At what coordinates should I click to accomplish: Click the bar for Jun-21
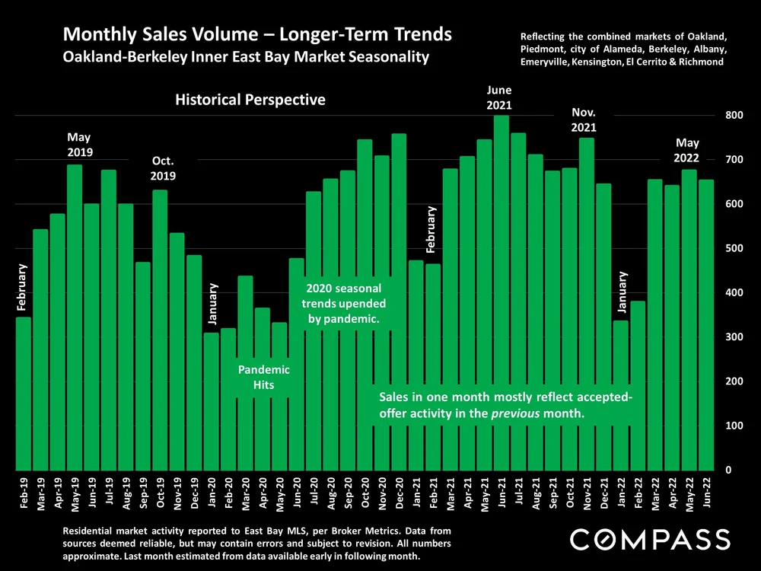point(501,293)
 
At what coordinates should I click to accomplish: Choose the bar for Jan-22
point(620,396)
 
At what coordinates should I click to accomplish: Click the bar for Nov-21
point(586,305)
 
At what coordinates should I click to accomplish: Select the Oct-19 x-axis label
point(160,493)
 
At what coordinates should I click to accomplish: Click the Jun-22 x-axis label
point(706,493)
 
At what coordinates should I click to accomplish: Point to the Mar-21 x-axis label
point(450,493)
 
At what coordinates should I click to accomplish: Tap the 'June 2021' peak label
point(499,97)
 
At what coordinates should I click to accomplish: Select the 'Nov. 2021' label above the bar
point(584,120)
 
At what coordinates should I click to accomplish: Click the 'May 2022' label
point(687,151)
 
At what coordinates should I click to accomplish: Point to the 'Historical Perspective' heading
point(250,100)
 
